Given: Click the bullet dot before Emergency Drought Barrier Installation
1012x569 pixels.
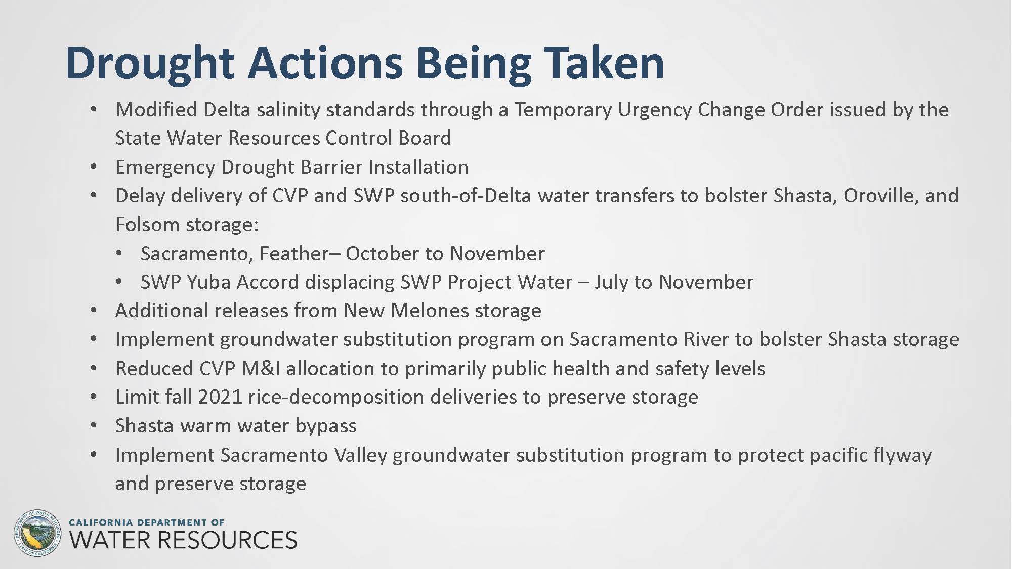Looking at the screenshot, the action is tap(94, 167).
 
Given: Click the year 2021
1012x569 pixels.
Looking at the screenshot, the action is tap(220, 397).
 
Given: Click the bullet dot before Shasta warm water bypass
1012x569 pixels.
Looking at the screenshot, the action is tap(94, 425).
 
